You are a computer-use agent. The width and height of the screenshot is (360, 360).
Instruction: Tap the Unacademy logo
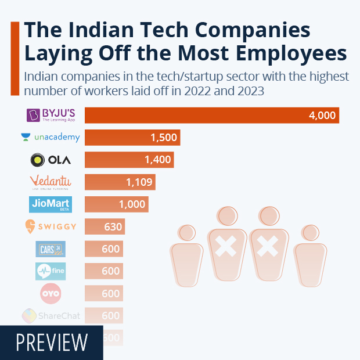(x=50, y=138)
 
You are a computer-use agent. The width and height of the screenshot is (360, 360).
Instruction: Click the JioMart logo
(x=50, y=204)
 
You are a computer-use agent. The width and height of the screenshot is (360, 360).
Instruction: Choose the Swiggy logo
(x=51, y=226)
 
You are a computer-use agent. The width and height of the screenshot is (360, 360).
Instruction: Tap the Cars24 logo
(x=50, y=249)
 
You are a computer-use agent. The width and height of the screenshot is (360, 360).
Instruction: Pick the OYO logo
(x=50, y=293)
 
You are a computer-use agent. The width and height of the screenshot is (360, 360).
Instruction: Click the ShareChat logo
(x=51, y=315)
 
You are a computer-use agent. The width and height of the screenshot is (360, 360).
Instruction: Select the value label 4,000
(x=322, y=116)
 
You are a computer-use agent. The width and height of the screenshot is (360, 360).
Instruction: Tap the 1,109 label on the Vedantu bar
(x=139, y=182)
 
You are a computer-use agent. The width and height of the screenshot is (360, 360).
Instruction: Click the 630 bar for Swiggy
(x=105, y=226)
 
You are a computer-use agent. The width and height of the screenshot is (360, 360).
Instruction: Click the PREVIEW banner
(x=52, y=343)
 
